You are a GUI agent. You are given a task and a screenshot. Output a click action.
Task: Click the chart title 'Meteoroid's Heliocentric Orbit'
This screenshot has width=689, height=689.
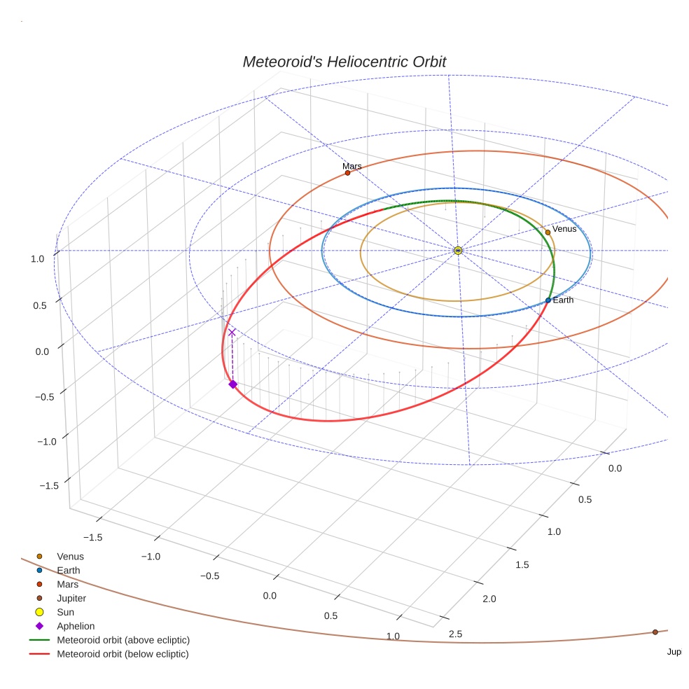pos(344,62)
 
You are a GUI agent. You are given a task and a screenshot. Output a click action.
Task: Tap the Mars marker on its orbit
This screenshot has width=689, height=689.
pos(347,173)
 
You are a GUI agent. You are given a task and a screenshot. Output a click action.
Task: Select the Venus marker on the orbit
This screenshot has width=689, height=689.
pos(548,232)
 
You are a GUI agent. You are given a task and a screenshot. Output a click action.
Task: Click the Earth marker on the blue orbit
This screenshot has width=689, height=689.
pos(548,300)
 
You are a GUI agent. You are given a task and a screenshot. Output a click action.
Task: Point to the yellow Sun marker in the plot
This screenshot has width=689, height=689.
pos(458,251)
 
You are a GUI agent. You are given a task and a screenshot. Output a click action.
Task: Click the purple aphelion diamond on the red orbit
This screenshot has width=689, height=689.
pos(232,384)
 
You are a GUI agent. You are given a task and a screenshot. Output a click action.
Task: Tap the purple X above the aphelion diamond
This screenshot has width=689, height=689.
pos(232,333)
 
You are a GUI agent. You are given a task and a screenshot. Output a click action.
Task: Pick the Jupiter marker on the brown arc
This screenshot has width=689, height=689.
pos(655,632)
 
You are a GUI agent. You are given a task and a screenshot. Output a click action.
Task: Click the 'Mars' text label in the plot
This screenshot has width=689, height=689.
pos(352,166)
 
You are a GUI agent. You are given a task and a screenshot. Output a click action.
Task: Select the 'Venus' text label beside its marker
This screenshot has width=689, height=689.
pos(564,229)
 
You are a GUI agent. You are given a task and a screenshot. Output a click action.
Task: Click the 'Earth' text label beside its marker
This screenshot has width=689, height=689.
pos(563,300)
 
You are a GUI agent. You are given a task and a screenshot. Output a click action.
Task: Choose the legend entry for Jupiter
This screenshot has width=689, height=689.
pos(71,599)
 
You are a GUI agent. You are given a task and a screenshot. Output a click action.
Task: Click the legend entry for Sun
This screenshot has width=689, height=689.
pos(66,613)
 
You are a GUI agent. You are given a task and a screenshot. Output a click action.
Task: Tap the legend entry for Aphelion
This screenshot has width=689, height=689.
pos(75,627)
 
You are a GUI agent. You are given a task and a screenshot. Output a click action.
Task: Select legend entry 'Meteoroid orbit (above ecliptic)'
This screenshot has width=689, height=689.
pos(123,641)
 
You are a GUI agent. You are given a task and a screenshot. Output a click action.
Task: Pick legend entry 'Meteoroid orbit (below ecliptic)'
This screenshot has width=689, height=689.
pos(123,655)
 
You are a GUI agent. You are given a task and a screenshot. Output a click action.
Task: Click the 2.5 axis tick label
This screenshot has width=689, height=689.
pos(455,634)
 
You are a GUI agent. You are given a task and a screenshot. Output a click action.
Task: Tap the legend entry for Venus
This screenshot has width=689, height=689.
pos(70,557)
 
